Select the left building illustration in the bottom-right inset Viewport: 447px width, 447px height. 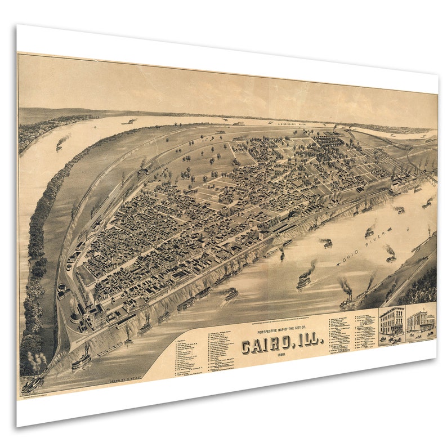click(392, 321)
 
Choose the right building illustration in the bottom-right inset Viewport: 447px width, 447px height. click(421, 321)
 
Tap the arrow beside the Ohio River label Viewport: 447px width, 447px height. click(341, 262)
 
